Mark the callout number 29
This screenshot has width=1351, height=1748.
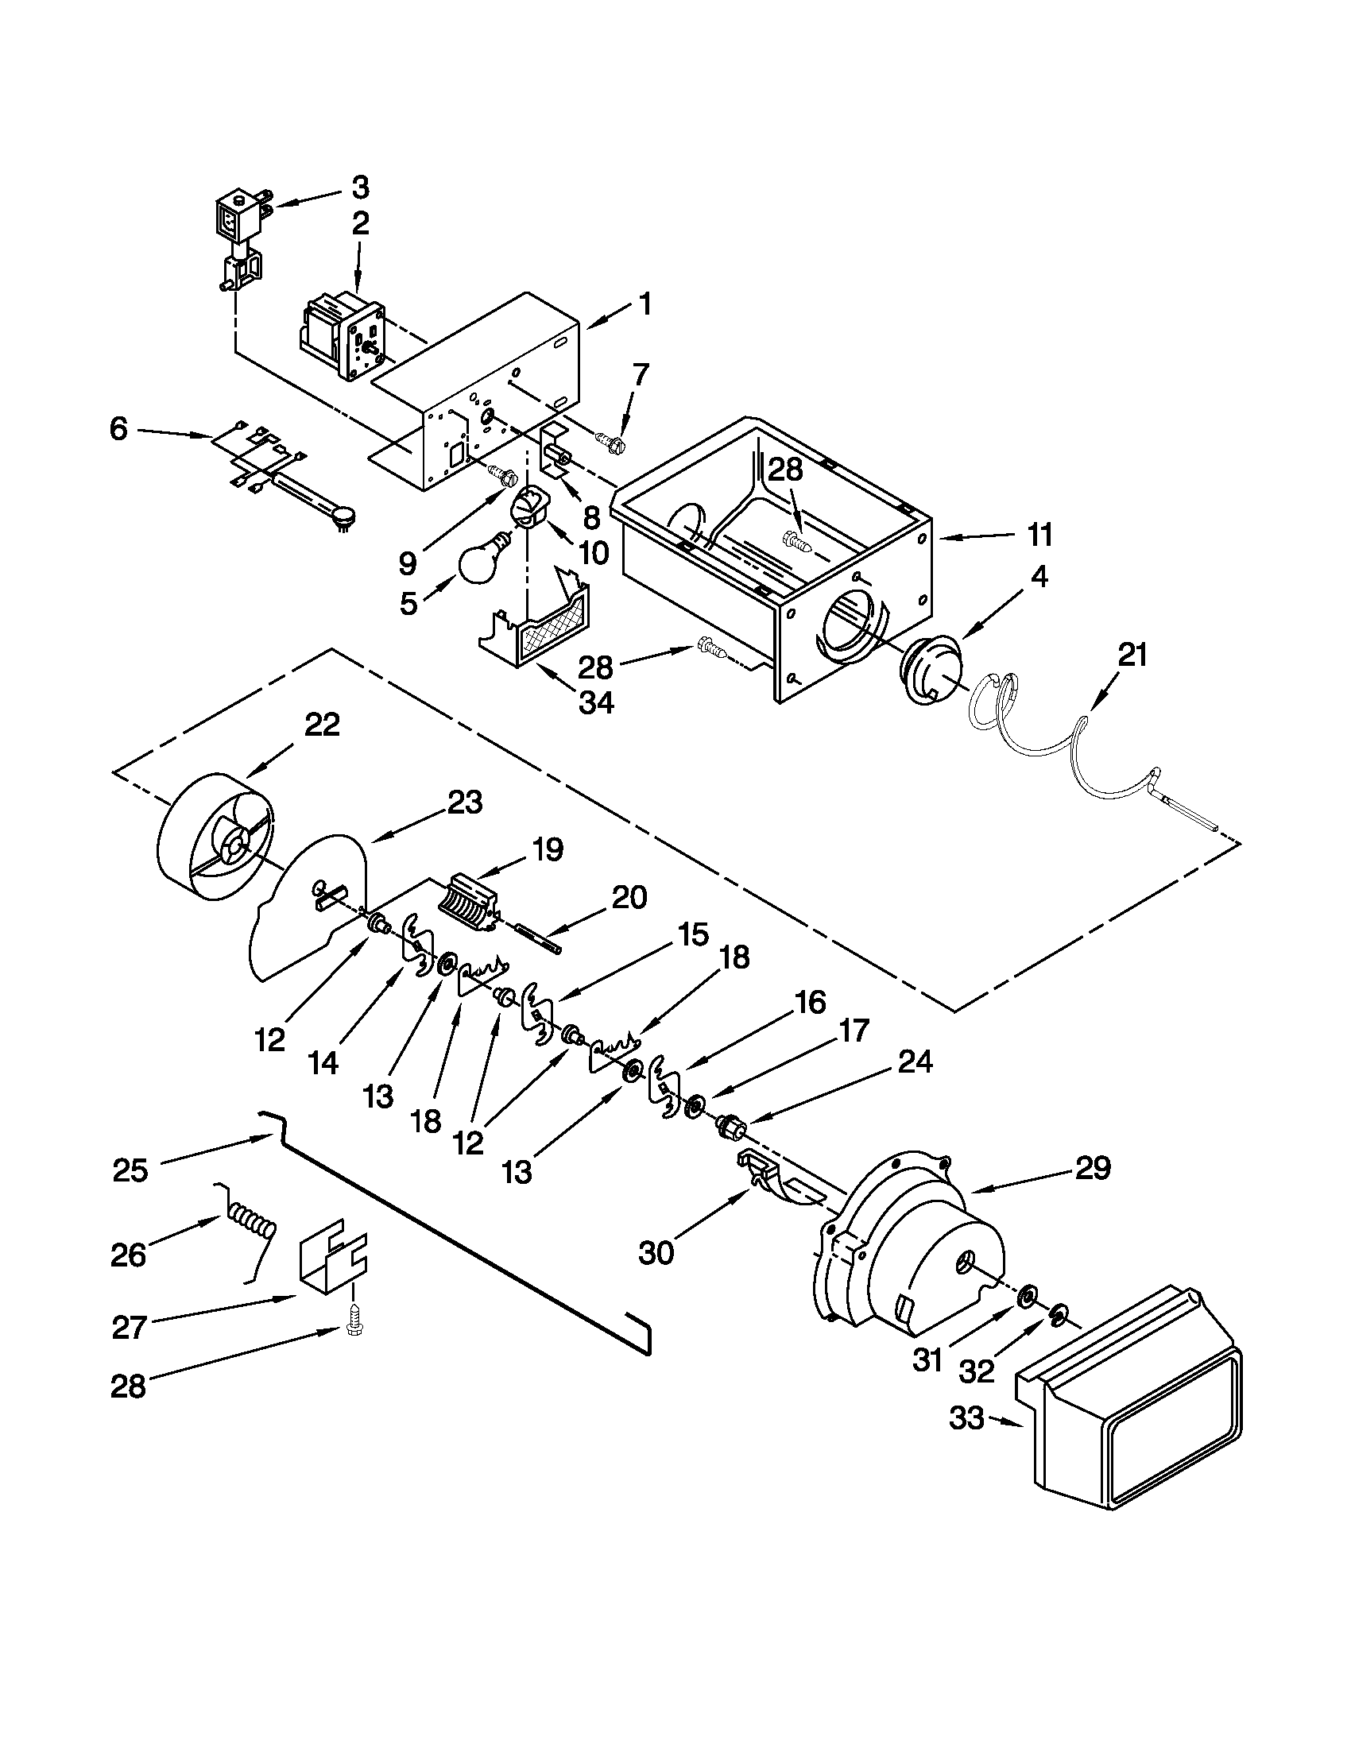pyautogui.click(x=1094, y=1169)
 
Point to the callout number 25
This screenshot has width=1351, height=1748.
pyautogui.click(x=130, y=1171)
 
